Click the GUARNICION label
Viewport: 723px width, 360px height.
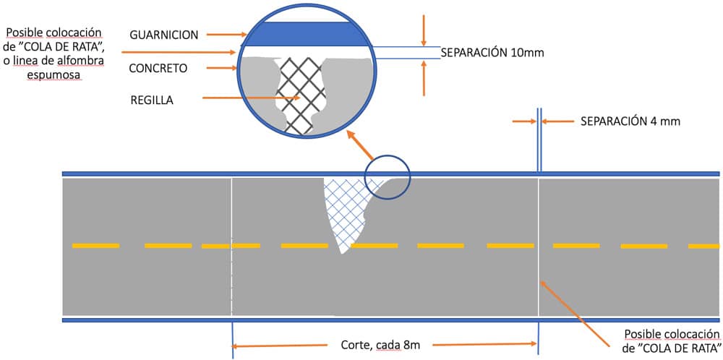click(165, 35)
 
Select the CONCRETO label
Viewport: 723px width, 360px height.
click(158, 69)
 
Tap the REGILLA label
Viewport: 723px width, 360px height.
click(152, 99)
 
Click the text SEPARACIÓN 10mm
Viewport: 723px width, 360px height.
click(492, 53)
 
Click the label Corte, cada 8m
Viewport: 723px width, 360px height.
click(380, 346)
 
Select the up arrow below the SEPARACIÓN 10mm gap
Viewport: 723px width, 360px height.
click(424, 77)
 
